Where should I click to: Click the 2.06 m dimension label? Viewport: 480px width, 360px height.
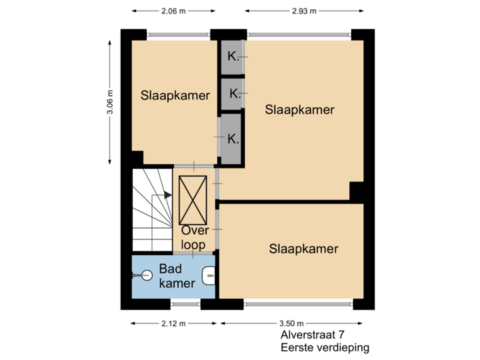[173, 11]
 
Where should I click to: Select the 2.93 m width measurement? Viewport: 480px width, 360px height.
[304, 11]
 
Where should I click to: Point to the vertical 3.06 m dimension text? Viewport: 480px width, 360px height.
[110, 103]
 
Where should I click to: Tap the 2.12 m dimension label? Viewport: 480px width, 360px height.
[173, 323]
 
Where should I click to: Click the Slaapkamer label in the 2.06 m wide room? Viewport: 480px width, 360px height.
[175, 95]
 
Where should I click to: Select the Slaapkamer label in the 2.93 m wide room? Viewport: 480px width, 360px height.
[299, 109]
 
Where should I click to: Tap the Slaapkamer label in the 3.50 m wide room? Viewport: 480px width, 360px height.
[303, 249]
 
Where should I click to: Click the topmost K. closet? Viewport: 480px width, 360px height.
[232, 57]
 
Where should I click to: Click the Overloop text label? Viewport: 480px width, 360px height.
[195, 237]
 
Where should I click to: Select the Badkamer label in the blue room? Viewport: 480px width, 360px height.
[177, 276]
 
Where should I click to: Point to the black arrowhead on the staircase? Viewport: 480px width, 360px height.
[168, 196]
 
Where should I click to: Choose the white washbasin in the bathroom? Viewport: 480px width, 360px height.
[209, 273]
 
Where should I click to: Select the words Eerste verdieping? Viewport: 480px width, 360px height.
[325, 348]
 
